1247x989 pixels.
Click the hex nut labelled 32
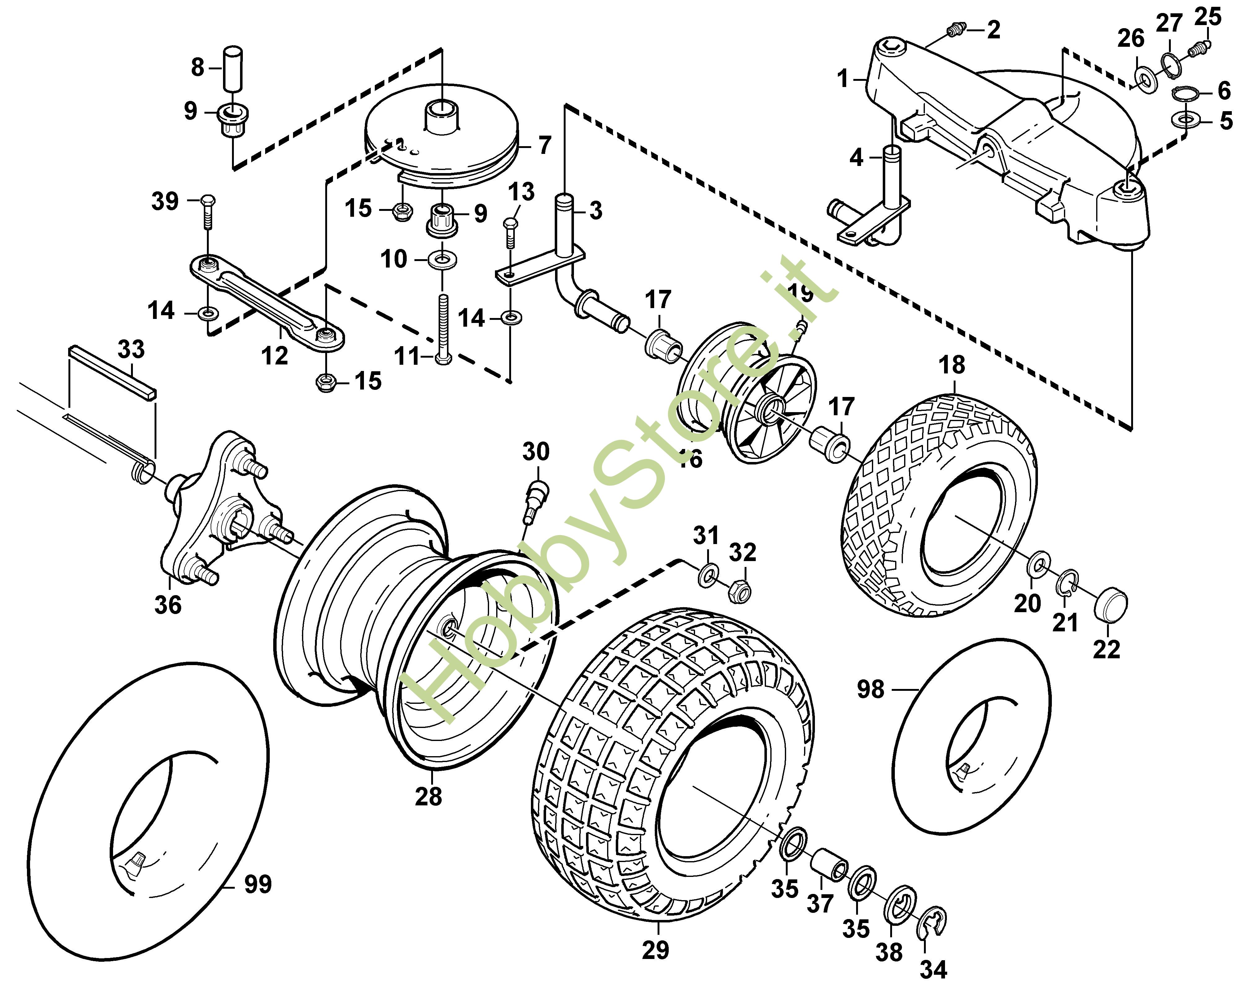[737, 590]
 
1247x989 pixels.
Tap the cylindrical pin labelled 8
[233, 68]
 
